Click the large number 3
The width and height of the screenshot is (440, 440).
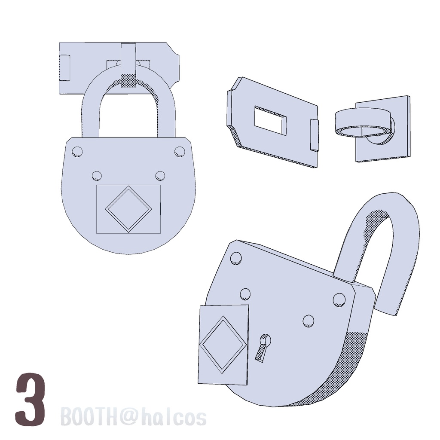tap(31, 399)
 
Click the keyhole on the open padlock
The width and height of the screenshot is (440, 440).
tap(263, 346)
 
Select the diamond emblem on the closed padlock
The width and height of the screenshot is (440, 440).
tap(128, 209)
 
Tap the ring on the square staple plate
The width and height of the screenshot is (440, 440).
tap(363, 122)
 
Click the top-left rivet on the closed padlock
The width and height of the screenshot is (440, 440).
tap(77, 151)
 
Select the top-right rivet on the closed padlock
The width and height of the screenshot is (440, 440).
tap(179, 151)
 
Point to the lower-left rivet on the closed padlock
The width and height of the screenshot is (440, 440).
tap(97, 175)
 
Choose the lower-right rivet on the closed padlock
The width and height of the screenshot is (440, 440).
tap(160, 175)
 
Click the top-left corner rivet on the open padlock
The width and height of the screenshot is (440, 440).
tap(236, 257)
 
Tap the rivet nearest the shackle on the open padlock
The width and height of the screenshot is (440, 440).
tap(339, 299)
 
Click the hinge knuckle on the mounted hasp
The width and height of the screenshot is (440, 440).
tap(65, 67)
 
